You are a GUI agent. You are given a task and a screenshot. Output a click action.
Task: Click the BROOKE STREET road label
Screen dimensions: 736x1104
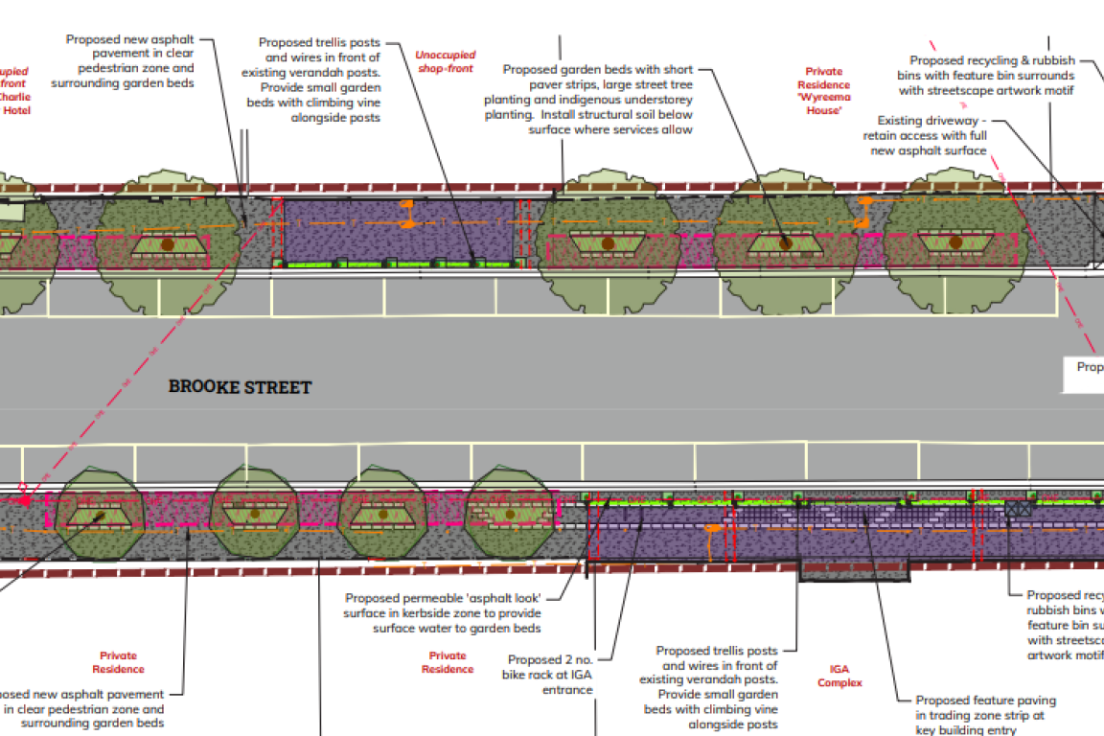[240, 387]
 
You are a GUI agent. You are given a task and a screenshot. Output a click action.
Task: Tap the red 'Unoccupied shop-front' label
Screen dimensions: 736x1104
[445, 61]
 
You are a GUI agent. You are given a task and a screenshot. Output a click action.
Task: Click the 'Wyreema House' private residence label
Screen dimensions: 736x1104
[823, 91]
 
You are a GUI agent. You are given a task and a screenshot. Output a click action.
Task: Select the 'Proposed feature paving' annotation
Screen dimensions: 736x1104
[985, 714]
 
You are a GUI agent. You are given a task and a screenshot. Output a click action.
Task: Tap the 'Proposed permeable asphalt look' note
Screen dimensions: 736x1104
[443, 612]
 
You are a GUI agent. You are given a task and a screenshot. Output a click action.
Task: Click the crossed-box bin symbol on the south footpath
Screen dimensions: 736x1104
[1018, 510]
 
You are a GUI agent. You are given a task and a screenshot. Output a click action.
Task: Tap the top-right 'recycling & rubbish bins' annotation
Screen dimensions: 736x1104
[986, 75]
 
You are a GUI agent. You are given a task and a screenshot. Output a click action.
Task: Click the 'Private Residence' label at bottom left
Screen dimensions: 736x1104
[119, 662]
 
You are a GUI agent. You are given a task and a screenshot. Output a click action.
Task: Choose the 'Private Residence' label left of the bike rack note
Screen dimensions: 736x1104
[448, 662]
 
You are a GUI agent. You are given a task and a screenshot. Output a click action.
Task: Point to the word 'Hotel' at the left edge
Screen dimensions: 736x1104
[16, 111]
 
